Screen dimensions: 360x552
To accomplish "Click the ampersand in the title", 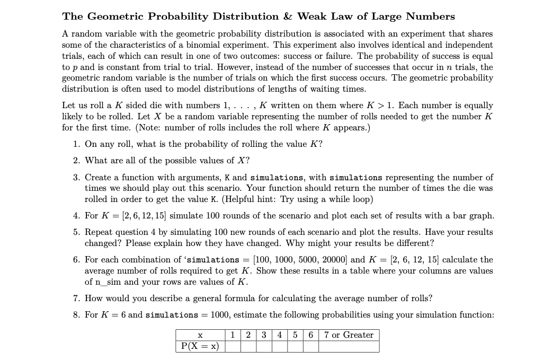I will [x=289, y=16].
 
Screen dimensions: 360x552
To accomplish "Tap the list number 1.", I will [x=76, y=144].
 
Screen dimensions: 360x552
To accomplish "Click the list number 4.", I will [x=76, y=216].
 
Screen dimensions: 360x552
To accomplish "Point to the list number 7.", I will [x=76, y=298].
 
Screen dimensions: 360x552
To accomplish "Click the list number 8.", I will [x=76, y=315].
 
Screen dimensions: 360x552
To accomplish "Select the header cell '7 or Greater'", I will [x=349, y=335].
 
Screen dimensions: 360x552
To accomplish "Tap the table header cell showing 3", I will [x=264, y=335].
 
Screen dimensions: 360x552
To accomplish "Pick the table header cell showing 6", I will [x=310, y=335].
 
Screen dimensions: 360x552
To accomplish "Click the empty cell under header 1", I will [x=233, y=346].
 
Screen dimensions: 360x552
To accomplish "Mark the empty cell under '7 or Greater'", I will [x=349, y=346].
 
